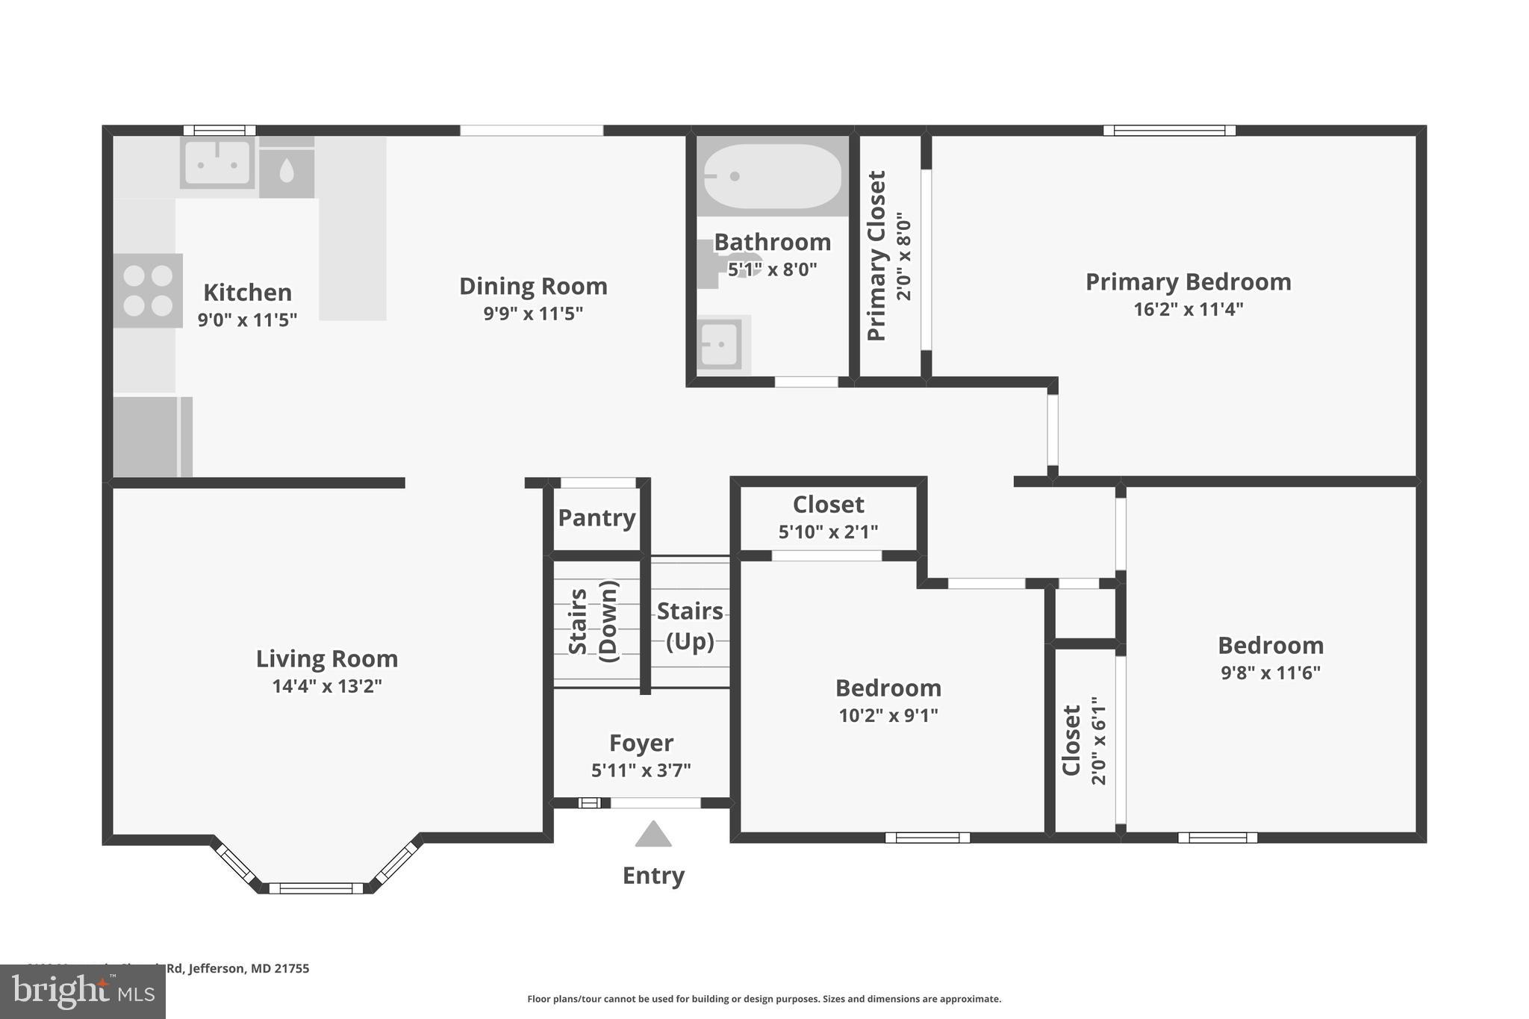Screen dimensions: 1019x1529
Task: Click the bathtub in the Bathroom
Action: click(x=772, y=176)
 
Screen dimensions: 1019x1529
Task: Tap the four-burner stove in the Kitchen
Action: click(x=148, y=290)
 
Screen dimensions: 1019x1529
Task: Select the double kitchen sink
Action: click(x=217, y=163)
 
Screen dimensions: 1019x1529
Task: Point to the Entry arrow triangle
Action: click(x=653, y=835)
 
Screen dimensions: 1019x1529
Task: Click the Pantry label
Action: click(x=597, y=517)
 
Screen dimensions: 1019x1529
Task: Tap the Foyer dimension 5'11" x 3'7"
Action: click(x=641, y=770)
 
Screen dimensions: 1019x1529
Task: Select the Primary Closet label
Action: click(x=876, y=256)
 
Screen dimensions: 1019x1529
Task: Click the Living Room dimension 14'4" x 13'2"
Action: click(x=327, y=685)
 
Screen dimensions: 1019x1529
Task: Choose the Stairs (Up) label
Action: click(x=690, y=626)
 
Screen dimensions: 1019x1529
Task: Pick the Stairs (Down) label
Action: click(x=594, y=621)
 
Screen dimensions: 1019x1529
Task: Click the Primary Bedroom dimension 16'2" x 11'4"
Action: click(x=1188, y=308)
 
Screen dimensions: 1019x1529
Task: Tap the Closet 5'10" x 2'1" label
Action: click(x=828, y=505)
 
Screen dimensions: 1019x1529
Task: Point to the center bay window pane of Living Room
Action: click(x=316, y=888)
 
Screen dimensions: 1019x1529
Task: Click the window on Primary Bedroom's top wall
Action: click(x=1169, y=131)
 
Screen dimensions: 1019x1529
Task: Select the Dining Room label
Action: click(x=533, y=286)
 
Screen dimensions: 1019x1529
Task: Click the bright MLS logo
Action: click(x=83, y=991)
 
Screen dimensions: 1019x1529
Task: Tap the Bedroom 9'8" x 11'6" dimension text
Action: click(x=1270, y=672)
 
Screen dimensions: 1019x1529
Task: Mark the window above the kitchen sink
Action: click(x=219, y=131)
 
